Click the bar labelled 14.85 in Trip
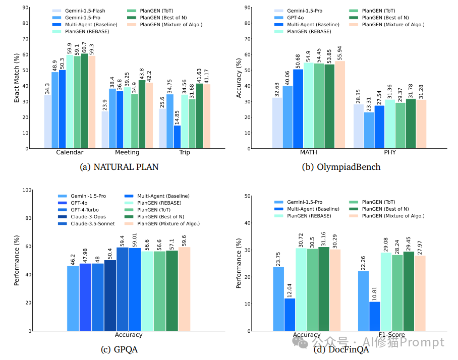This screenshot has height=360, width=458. [x=177, y=137]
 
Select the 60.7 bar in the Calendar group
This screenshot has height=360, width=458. [x=84, y=101]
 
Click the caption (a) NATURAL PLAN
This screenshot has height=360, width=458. [x=120, y=167]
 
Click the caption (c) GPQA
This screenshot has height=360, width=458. [x=120, y=349]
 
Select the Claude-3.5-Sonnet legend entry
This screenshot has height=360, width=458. [x=91, y=223]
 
